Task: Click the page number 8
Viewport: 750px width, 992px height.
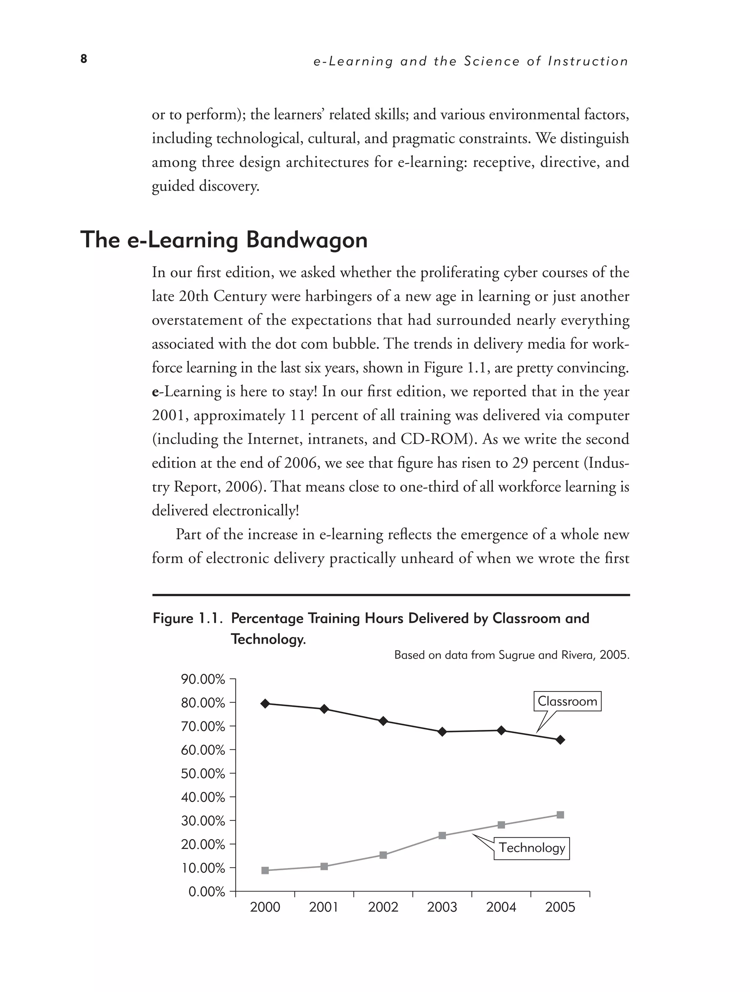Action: [84, 59]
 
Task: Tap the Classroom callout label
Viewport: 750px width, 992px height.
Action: [567, 701]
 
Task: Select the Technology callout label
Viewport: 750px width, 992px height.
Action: [531, 848]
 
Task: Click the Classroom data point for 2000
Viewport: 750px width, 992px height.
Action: [265, 703]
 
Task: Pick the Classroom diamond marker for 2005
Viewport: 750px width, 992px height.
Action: [560, 740]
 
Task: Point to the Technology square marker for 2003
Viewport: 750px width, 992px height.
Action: [442, 835]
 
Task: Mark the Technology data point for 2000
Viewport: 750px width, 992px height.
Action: [265, 870]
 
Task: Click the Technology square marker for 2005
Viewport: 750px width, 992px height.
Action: [560, 815]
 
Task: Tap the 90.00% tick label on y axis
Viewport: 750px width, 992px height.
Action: [203, 679]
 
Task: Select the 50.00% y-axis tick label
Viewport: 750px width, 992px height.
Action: [203, 774]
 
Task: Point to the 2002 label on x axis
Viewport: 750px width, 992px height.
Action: [383, 908]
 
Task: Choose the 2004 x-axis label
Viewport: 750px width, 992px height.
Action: [501, 908]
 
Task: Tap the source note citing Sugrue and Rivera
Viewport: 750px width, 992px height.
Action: [512, 655]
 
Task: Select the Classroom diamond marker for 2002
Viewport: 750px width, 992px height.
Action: [383, 721]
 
